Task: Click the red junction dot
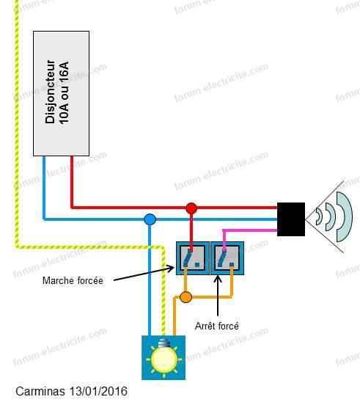tap(191, 208)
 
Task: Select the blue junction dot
tap(150, 219)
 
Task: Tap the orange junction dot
tap(185, 297)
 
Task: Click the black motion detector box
tap(291, 219)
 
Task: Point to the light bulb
tap(164, 357)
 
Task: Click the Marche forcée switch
tap(193, 258)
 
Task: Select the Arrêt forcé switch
tap(227, 258)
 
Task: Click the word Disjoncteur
tap(50, 92)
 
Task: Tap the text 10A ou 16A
tap(64, 93)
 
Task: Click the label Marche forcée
tap(73, 281)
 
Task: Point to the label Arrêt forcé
tap(216, 326)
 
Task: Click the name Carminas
tap(40, 391)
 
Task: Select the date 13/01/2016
tap(98, 391)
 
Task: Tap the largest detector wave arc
tap(345, 216)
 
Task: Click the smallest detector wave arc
tap(320, 216)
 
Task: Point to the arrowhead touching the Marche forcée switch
tap(170, 269)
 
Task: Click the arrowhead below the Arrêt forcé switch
tap(218, 279)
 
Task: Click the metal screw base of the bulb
tap(164, 343)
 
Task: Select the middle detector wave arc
tap(331, 216)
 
